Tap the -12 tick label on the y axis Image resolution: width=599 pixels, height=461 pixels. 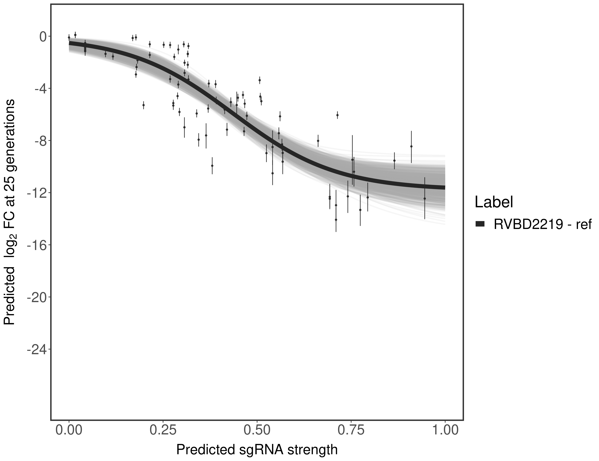point(37,193)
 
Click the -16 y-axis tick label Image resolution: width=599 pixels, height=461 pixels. point(37,245)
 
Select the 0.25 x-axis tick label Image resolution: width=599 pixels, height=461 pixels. point(163,430)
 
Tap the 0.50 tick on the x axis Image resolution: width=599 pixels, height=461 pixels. point(257,430)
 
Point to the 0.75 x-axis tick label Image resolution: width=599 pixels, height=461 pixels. point(351,430)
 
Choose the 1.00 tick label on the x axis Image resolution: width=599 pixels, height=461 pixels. point(445,430)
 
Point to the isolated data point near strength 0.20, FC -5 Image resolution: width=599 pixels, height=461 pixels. point(143,105)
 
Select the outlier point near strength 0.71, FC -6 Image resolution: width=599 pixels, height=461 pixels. point(337,115)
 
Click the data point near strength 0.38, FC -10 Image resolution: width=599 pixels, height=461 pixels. point(212,165)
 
